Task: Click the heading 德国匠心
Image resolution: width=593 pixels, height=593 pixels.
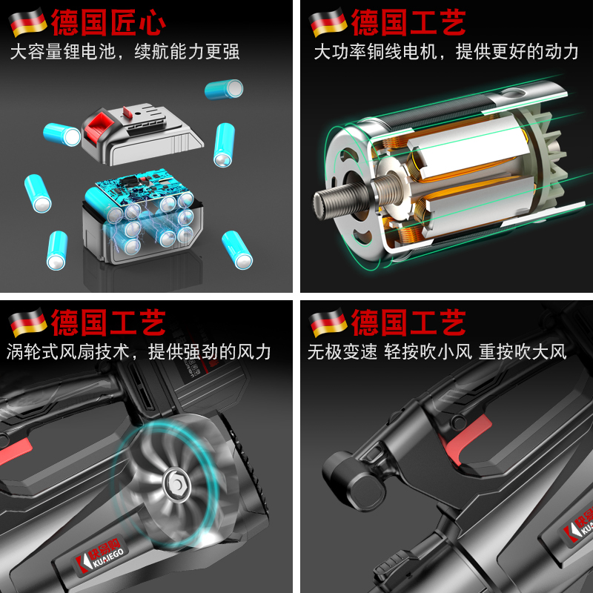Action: pos(108,22)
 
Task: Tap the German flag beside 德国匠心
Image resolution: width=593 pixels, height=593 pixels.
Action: pos(27,23)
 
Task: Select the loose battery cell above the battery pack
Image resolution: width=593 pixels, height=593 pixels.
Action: pos(224,90)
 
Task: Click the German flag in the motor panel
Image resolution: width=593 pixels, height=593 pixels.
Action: pos(328,23)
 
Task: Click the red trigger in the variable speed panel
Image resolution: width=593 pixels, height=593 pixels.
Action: pos(468,437)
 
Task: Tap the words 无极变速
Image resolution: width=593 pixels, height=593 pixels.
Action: pos(342,351)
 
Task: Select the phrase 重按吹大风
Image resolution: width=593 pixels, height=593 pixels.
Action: pos(523,351)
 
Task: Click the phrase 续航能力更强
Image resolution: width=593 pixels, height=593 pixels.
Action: pos(187,52)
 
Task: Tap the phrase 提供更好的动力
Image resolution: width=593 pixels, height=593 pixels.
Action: pos(517,52)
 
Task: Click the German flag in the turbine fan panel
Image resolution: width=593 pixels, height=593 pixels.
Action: pos(27,322)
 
